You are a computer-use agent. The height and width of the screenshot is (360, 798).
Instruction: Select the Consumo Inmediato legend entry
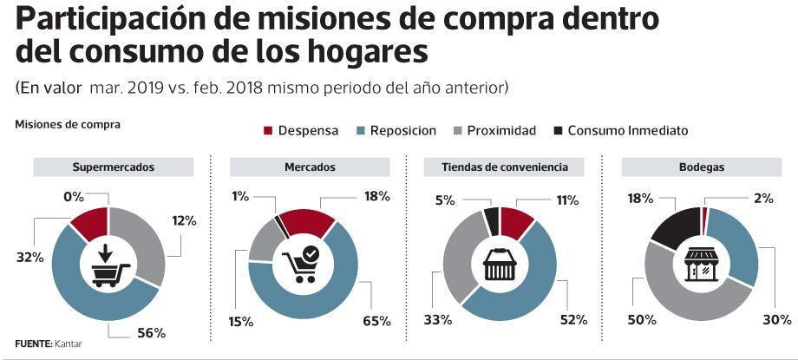[x=620, y=130]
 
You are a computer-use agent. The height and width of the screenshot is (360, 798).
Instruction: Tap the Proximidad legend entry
[x=493, y=130]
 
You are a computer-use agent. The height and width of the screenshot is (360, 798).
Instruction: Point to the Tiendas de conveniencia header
[x=504, y=167]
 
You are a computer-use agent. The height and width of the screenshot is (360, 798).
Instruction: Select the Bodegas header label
[x=703, y=167]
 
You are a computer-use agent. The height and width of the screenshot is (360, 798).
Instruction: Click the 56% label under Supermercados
[x=152, y=333]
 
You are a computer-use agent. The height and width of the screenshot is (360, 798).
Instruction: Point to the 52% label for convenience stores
[x=574, y=320]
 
